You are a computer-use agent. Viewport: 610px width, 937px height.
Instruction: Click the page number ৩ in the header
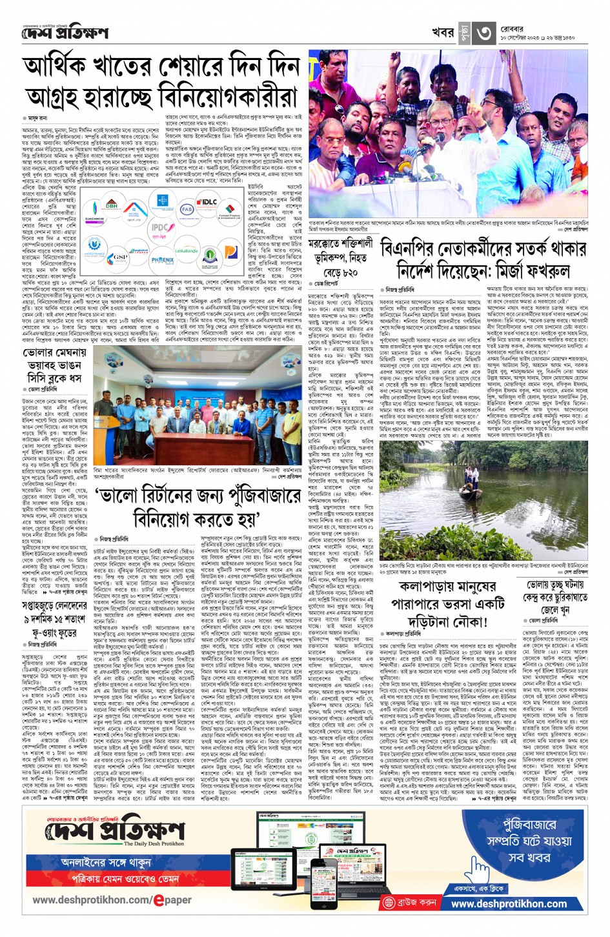coord(485,34)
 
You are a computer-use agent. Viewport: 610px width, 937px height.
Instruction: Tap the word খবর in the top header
coord(443,34)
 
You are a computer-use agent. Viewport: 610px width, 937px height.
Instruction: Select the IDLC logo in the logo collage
coord(208,202)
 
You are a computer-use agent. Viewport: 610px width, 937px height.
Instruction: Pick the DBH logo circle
coord(112,205)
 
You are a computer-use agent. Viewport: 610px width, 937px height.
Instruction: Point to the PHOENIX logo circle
coord(163,261)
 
